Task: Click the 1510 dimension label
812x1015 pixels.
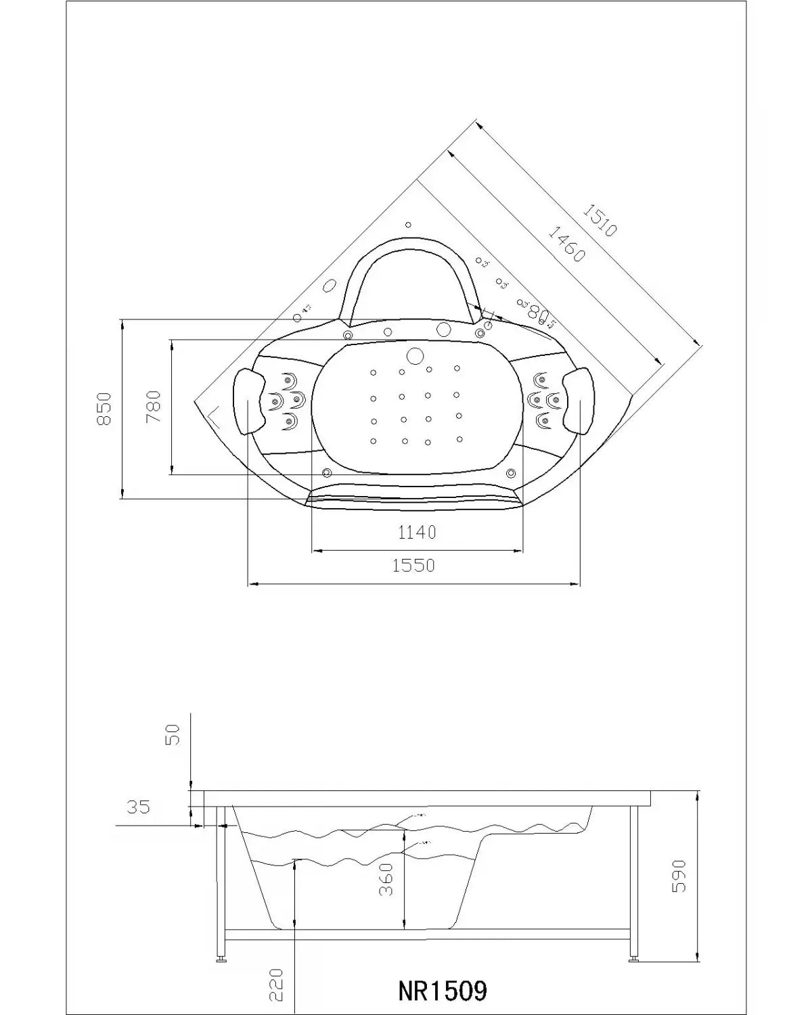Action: [600, 221]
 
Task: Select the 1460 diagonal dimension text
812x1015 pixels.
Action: [565, 244]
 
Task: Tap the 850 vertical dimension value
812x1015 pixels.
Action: [104, 409]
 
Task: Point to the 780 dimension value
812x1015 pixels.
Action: [154, 407]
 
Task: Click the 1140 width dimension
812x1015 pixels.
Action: [417, 533]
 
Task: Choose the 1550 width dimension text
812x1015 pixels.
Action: [413, 565]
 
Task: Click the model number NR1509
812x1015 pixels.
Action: [442, 991]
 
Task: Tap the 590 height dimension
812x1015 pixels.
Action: [679, 876]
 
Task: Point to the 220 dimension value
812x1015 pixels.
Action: [275, 985]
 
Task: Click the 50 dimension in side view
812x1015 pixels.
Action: [174, 734]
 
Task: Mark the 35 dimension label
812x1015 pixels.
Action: [138, 807]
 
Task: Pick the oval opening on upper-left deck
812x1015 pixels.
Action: [330, 286]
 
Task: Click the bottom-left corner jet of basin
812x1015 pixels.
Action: [327, 472]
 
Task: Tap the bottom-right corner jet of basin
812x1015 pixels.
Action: [511, 472]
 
